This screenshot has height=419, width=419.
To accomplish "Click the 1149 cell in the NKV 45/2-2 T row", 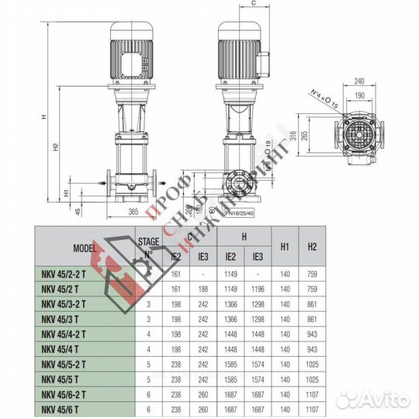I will tap(230, 273).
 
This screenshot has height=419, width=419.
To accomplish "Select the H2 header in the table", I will tap(312, 246).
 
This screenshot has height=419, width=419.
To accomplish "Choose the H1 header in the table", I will tap(285, 246).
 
